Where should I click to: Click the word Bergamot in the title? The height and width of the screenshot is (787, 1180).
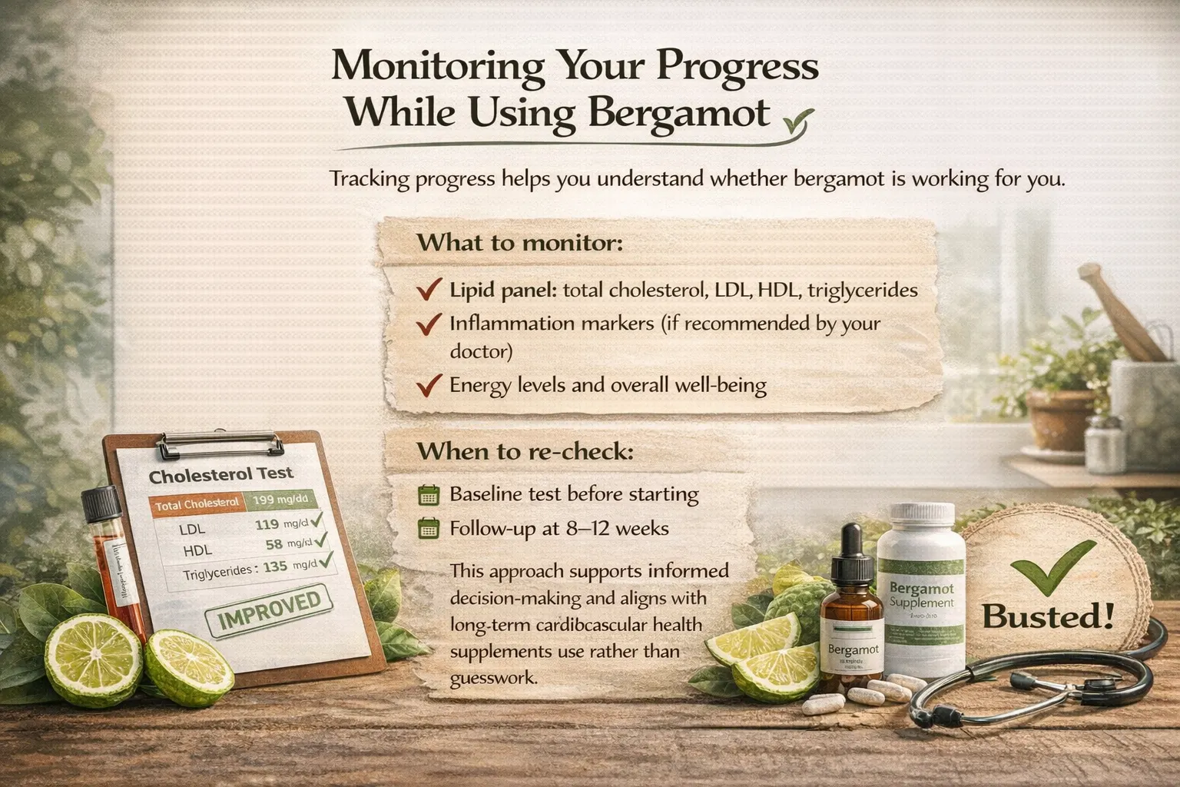tap(678, 113)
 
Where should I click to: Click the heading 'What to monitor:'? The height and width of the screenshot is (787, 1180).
tap(519, 243)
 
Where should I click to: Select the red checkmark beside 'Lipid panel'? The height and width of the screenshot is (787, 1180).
tap(428, 291)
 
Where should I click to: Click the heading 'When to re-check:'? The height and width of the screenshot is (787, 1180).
tap(525, 451)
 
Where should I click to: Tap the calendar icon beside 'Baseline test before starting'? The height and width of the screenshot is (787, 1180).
tap(428, 494)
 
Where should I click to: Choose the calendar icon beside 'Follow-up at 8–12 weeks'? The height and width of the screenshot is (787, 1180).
tap(428, 529)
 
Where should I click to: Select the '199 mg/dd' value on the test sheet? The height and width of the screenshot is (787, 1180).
tap(280, 500)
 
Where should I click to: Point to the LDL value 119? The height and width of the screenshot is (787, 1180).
tap(266, 526)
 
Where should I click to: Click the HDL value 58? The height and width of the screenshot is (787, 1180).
tap(274, 545)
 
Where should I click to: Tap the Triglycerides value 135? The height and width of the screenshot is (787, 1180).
tap(274, 567)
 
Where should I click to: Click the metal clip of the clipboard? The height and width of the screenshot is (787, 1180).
tap(220, 444)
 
